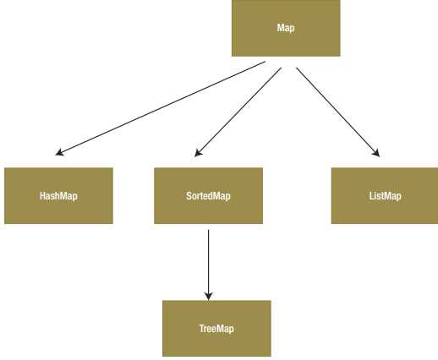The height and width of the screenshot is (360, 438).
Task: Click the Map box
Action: click(286, 28)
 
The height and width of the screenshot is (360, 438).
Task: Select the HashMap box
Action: click(58, 196)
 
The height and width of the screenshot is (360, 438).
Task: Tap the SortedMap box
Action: click(208, 196)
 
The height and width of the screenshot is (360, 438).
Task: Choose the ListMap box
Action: click(385, 196)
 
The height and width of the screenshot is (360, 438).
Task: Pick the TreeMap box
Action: click(216, 329)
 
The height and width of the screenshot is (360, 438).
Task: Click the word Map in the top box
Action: click(286, 28)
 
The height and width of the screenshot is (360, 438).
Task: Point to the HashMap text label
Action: click(58, 196)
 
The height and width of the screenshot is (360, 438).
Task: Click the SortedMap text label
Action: click(208, 196)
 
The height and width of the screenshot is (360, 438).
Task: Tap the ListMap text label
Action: click(386, 196)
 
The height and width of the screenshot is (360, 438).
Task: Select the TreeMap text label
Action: click(216, 329)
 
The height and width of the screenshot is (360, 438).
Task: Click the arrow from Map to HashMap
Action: click(161, 108)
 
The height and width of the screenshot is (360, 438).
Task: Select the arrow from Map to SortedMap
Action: click(238, 112)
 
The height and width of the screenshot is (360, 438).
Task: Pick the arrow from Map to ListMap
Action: click(338, 112)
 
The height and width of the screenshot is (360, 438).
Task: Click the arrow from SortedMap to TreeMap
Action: click(209, 265)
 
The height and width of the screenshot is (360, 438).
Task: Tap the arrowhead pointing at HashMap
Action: click(59, 152)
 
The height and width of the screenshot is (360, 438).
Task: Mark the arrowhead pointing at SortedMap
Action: click(198, 153)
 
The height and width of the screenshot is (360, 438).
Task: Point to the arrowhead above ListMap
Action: click(376, 153)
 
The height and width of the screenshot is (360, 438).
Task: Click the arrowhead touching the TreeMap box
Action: click(209, 297)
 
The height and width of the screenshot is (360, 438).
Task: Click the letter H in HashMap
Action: click(42, 196)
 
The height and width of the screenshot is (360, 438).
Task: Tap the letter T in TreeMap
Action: click(202, 329)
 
